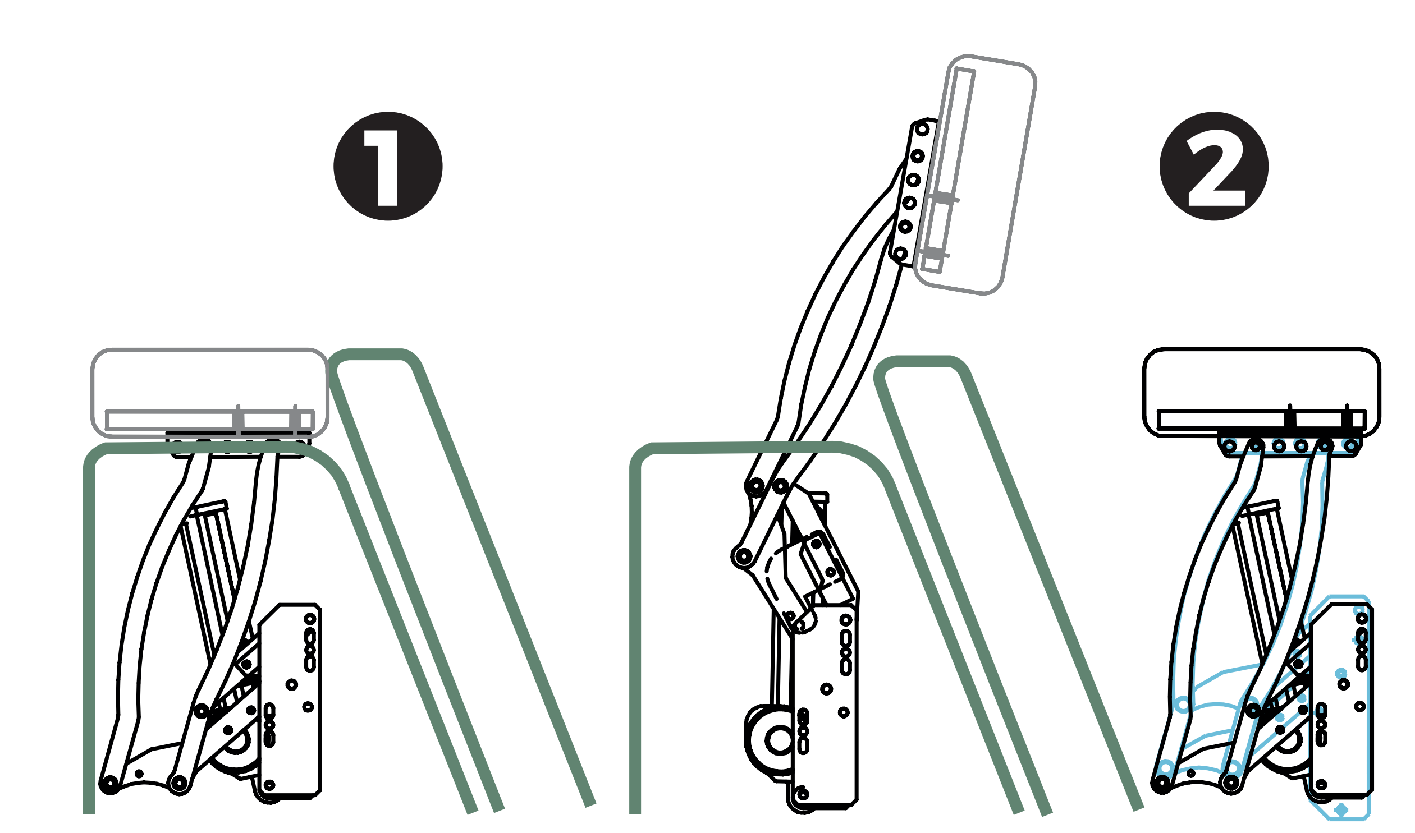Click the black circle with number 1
387,166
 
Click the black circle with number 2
1214,166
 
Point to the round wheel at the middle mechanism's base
780,740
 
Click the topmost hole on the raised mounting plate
922,130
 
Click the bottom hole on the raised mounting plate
901,253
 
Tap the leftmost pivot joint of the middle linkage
743,557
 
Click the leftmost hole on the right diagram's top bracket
1230,447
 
